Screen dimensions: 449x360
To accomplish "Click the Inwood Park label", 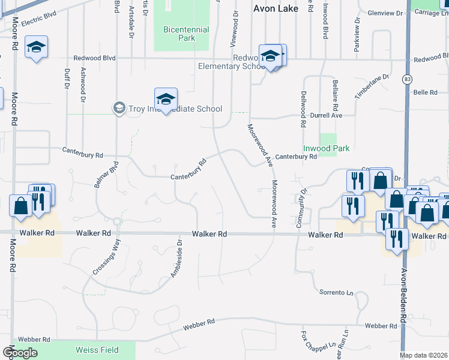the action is pyautogui.click(x=326, y=148).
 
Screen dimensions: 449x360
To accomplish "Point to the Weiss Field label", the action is pyautogui.click(x=97, y=350).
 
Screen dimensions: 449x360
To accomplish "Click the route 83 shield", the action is pyautogui.click(x=408, y=79).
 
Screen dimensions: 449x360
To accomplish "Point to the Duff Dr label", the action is pyautogui.click(x=65, y=78).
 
